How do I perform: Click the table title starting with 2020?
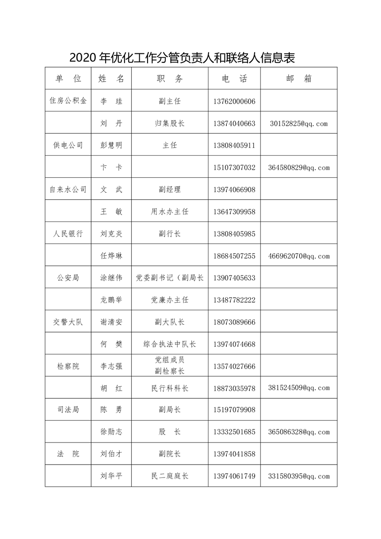tap(182, 58)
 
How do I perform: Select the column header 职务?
tap(170, 79)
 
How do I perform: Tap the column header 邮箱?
tap(298, 79)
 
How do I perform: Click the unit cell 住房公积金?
tap(68, 101)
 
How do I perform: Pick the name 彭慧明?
tap(111, 146)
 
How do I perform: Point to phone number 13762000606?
tap(234, 101)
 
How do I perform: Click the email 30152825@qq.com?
tap(298, 123)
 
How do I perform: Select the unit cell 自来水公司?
tap(68, 190)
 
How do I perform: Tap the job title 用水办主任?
tap(170, 212)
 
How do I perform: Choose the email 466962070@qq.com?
tap(299, 256)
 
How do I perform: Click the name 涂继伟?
tap(111, 278)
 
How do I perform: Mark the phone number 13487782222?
tap(234, 300)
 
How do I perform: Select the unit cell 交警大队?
tap(68, 322)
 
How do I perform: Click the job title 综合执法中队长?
tap(170, 344)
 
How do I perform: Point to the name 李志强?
tap(111, 367)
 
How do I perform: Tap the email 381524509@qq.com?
tap(299, 388)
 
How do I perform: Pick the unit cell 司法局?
tap(68, 410)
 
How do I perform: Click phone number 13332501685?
tap(234, 432)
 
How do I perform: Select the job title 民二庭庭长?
tap(170, 476)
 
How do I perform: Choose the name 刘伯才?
tap(111, 454)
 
